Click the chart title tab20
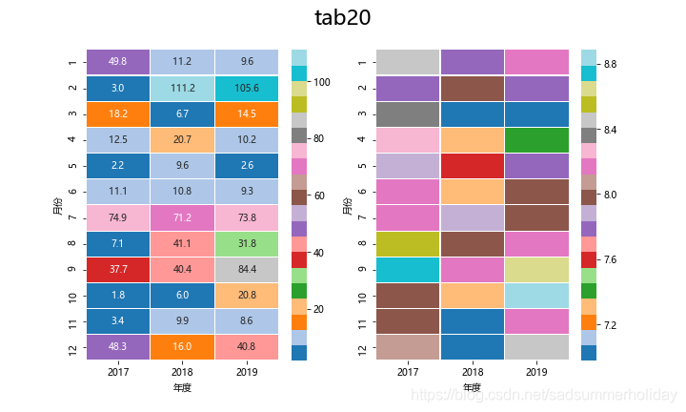(x=342, y=18)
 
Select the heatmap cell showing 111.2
(x=183, y=88)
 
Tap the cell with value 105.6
(x=247, y=88)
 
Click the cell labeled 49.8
(x=118, y=62)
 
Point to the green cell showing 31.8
(x=247, y=243)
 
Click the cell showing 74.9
(x=118, y=217)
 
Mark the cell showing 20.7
(x=183, y=139)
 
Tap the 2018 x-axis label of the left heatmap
(x=183, y=372)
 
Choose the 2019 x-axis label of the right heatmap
(x=536, y=372)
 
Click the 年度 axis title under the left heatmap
(x=183, y=388)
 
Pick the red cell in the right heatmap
(x=473, y=165)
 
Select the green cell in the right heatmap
(x=536, y=139)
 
